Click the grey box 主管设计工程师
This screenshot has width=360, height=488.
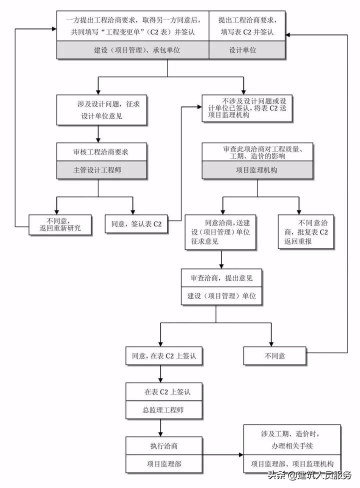pyautogui.click(x=101, y=169)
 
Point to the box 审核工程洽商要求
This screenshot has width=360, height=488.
pyautogui.click(x=101, y=150)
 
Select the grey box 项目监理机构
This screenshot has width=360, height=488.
pyautogui.click(x=257, y=170)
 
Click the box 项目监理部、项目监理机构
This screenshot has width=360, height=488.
pyautogui.click(x=292, y=463)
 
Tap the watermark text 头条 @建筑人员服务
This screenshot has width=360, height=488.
pyautogui.click(x=309, y=475)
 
